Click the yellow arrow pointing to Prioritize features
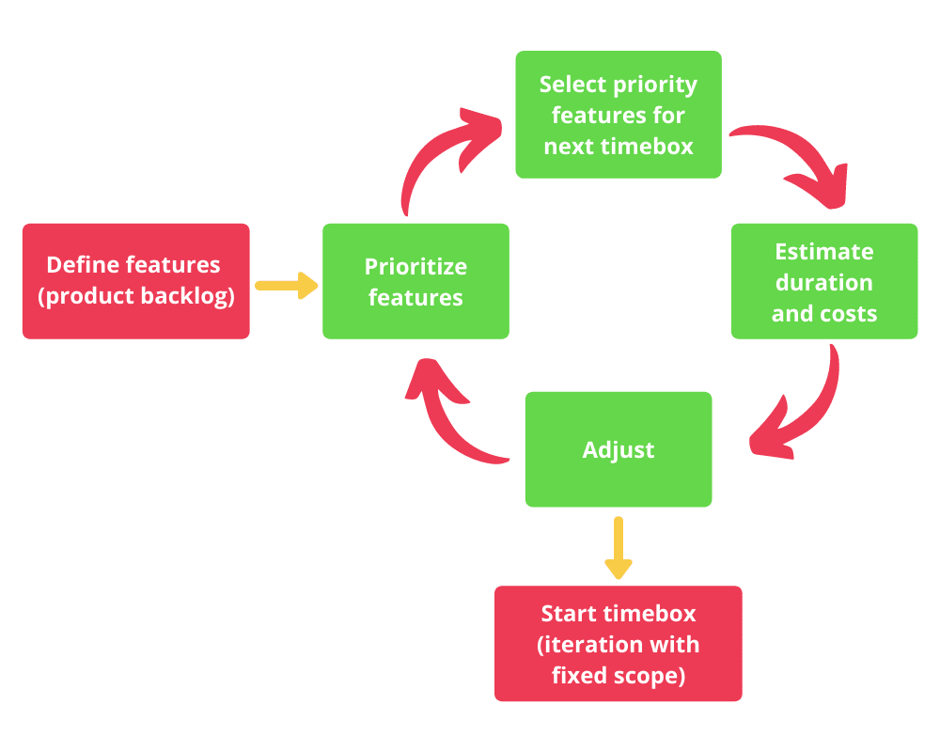(286, 285)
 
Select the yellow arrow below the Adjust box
(618, 547)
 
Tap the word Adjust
(618, 449)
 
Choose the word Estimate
(823, 251)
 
